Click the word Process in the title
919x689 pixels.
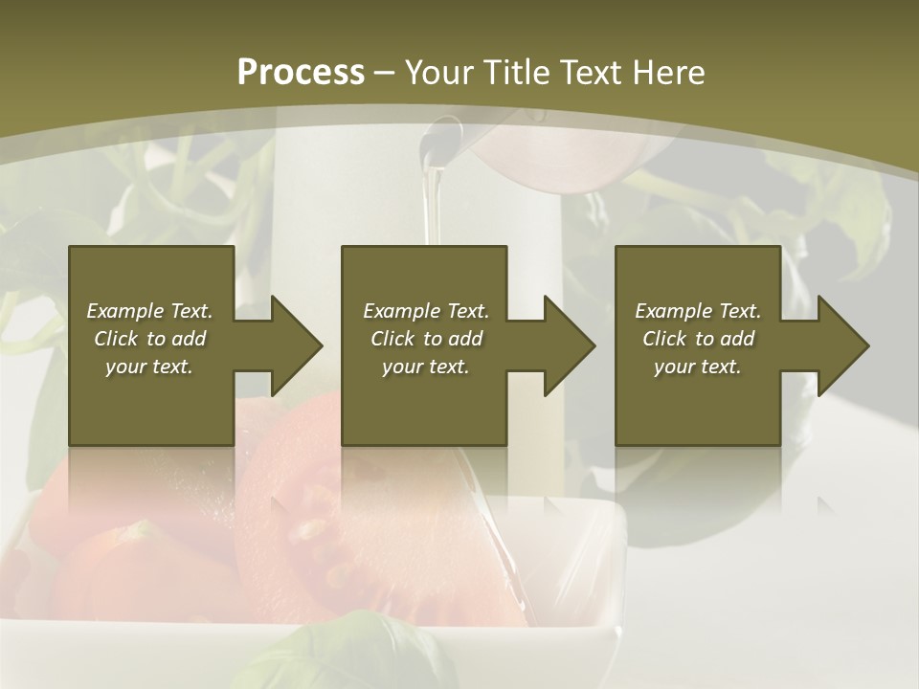tap(301, 73)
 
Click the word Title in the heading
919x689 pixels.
tap(517, 73)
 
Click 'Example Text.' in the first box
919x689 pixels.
tap(149, 311)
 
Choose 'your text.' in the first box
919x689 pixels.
tap(149, 367)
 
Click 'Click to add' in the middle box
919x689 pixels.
tap(426, 339)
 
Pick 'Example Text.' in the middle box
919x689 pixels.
tap(426, 311)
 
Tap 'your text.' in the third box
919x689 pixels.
tap(698, 367)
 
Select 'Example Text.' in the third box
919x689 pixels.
tap(698, 311)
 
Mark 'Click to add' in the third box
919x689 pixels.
tap(698, 339)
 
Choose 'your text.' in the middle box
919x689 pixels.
tap(426, 367)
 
